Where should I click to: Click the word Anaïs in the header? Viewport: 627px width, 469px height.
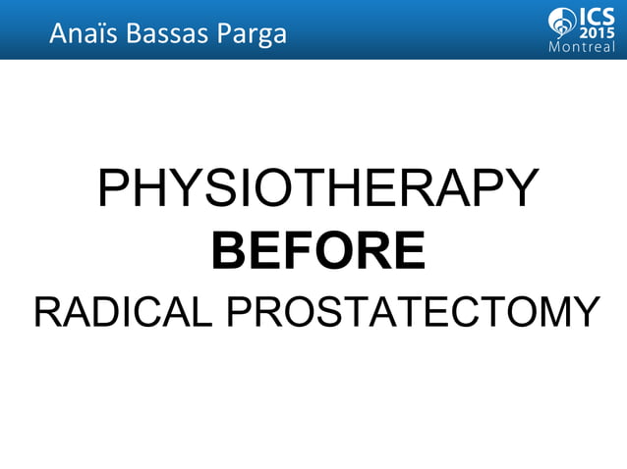[x=80, y=34]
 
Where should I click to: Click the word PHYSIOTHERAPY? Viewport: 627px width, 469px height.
[x=318, y=189]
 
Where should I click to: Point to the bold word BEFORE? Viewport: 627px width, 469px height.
[x=318, y=250]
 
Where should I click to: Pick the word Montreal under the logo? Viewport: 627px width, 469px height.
[x=582, y=49]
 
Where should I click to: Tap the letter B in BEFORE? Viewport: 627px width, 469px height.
[x=228, y=250]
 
